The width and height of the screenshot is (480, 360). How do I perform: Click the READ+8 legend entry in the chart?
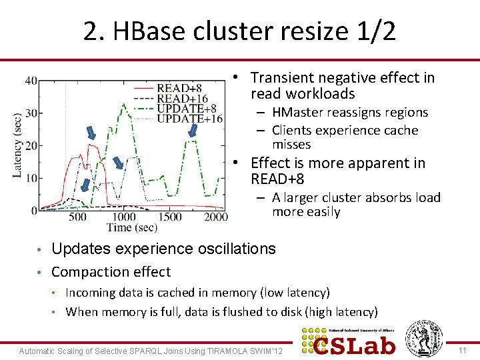pos(179,88)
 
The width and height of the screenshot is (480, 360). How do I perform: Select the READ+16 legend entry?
pos(181,99)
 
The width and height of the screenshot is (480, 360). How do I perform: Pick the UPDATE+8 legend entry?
pos(186,109)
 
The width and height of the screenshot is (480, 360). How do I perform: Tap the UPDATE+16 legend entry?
pos(189,119)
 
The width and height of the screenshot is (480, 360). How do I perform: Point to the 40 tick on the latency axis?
pos(31,81)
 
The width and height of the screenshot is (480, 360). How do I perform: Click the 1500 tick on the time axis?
pos(170,217)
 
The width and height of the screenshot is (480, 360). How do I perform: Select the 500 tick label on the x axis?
pos(77,217)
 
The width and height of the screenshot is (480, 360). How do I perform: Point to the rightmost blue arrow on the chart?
pos(193,129)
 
